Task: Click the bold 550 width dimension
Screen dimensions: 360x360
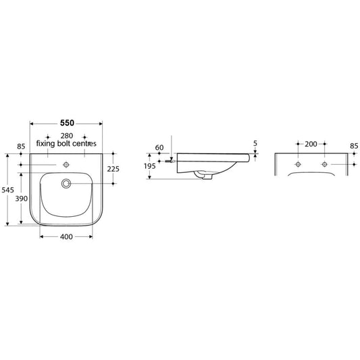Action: (67, 123)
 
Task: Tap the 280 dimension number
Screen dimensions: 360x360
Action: (67, 136)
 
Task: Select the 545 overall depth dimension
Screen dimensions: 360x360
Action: (8, 190)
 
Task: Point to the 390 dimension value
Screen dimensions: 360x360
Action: (22, 199)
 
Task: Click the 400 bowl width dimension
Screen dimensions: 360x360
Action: (66, 236)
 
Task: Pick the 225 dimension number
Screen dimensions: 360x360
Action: (113, 169)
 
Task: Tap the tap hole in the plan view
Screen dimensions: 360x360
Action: (66, 165)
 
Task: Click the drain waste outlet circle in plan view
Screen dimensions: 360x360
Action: (66, 183)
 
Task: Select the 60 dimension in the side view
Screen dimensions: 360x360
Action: (159, 148)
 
